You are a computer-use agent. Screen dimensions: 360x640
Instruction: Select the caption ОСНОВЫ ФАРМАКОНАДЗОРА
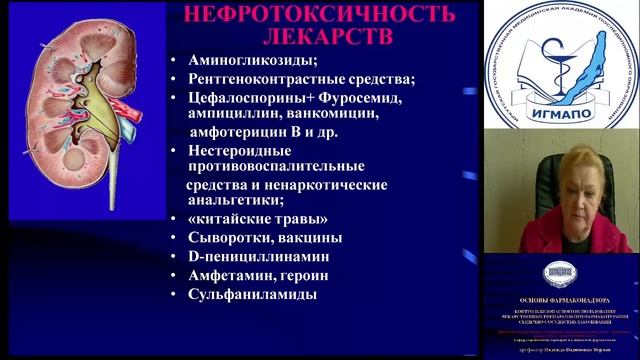click(562, 297)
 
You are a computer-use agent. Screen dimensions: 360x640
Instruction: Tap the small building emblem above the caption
click(561, 273)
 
